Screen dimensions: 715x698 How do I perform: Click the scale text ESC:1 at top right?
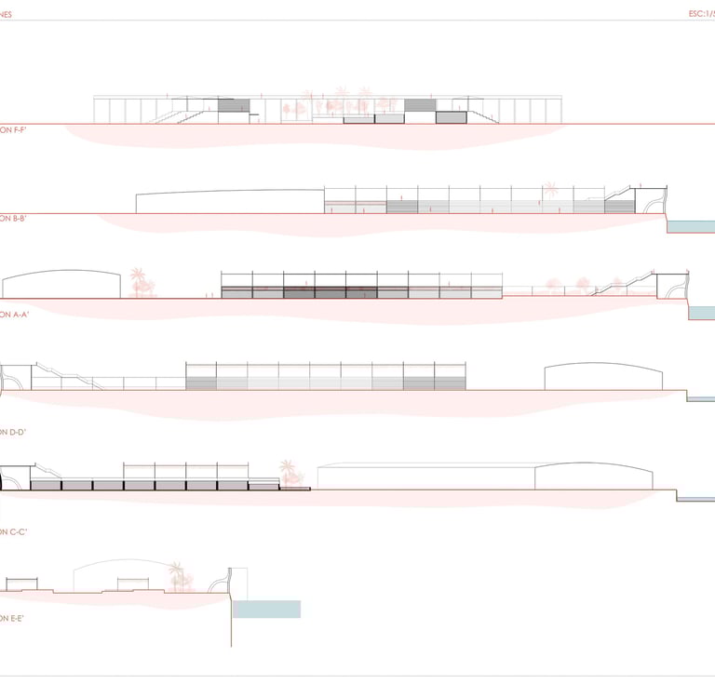[699, 14]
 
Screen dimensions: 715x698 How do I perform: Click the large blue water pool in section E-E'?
[266, 609]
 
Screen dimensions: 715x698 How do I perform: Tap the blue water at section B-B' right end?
[691, 226]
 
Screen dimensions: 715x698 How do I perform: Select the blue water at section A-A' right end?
[701, 314]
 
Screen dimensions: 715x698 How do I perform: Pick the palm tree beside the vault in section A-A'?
[140, 282]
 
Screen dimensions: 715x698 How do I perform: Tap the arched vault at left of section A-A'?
[61, 284]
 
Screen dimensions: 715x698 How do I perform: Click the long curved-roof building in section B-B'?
[229, 202]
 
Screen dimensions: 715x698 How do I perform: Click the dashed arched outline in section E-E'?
[121, 570]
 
